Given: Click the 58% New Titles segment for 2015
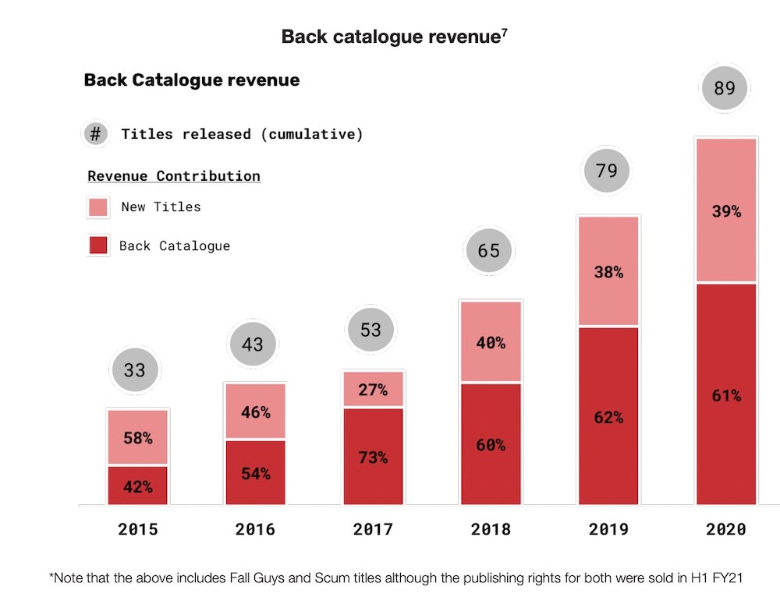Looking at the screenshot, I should [x=137, y=437].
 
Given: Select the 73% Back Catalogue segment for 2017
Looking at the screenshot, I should [x=373, y=457].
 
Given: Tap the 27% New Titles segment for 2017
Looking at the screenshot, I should [x=373, y=389].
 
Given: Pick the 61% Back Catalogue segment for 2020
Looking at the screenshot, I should [x=726, y=395].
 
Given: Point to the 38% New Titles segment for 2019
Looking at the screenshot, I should [x=608, y=271].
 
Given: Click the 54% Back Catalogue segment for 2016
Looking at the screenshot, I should [x=255, y=472].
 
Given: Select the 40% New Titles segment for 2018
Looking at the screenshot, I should [x=491, y=341].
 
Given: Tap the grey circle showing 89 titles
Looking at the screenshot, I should [x=725, y=88].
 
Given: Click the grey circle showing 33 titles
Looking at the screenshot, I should [x=134, y=369].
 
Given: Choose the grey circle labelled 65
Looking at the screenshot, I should [x=489, y=251].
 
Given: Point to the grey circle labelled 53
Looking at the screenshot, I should [x=370, y=330].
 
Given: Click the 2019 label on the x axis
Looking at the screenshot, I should [x=608, y=529].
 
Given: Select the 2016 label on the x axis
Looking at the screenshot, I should [x=255, y=529].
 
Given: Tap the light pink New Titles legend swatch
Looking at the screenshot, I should [x=97, y=207].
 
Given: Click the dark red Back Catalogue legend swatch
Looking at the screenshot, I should [x=97, y=246].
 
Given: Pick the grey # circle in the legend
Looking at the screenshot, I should [x=95, y=134].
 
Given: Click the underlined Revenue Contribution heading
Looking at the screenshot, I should [x=174, y=176].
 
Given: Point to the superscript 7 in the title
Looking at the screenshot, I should [x=505, y=31].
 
